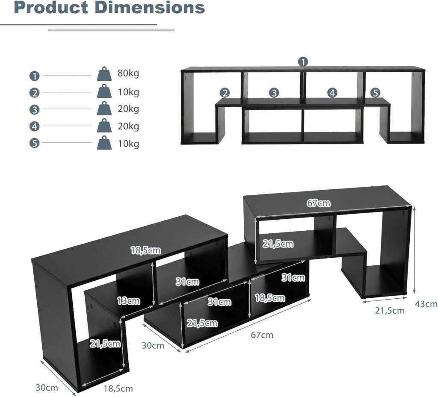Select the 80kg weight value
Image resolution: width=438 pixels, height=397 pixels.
point(128,74)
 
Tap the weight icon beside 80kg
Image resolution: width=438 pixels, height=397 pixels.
point(104,74)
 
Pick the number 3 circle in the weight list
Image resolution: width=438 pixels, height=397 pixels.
point(34,110)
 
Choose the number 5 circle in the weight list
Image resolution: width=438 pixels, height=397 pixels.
point(34,143)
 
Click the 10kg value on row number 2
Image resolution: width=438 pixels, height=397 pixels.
point(128,92)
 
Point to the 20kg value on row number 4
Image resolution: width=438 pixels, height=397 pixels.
point(128,126)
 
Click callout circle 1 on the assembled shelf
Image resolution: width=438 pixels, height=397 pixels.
point(303,62)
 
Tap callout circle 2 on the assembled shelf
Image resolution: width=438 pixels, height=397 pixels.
point(225,93)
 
